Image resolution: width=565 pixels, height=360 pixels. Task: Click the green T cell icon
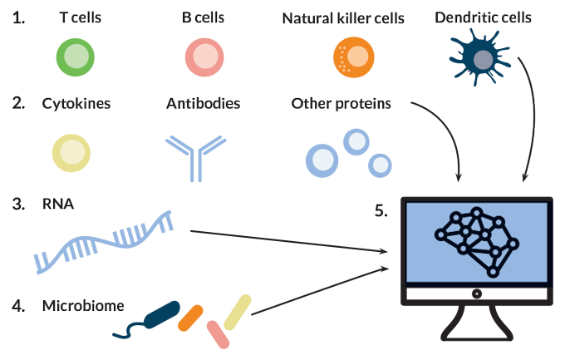[77, 57]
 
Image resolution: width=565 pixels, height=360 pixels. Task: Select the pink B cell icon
[204, 57]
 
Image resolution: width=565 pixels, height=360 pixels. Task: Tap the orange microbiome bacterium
[190, 316]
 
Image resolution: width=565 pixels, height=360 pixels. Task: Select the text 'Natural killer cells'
[343, 17]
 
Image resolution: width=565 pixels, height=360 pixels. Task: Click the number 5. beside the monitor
[381, 210]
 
